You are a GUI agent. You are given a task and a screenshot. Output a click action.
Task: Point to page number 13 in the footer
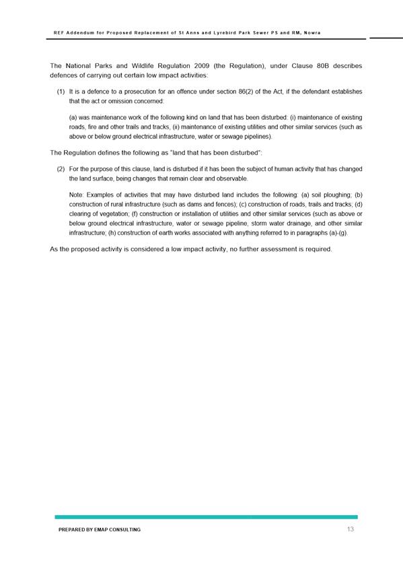pyautogui.click(x=350, y=530)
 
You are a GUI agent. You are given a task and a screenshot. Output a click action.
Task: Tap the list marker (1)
pyautogui.click(x=61, y=91)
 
